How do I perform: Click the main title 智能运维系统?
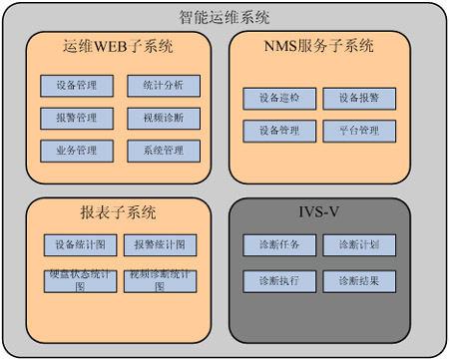pos(224,17)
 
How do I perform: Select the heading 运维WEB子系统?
pos(118,46)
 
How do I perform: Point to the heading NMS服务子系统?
pos(319,46)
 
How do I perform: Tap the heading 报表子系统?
pos(118,212)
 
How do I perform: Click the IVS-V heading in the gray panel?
pos(319,212)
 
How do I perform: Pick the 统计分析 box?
pos(163,86)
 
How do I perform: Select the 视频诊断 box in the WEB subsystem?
pos(163,119)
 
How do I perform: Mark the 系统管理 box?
pos(163,152)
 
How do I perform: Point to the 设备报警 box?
pos(358,98)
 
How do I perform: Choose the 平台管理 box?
pos(358,131)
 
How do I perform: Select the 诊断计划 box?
pos(358,245)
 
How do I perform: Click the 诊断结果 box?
pos(358,280)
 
